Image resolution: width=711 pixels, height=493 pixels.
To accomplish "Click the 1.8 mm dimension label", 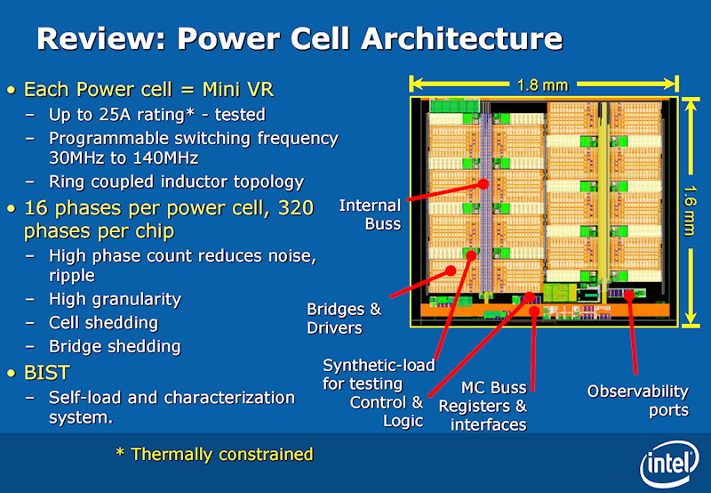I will (x=542, y=85).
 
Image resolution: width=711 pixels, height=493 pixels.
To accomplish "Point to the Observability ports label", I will (x=637, y=400).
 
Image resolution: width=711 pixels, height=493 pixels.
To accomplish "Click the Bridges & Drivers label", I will (x=343, y=319).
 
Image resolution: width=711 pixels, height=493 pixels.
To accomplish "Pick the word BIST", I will (x=46, y=371).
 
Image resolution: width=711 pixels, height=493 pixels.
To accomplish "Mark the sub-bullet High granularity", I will (x=115, y=299).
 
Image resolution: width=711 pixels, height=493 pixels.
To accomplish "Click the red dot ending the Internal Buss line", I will (x=483, y=184).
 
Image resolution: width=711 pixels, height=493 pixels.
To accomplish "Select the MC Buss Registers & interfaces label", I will (x=488, y=406).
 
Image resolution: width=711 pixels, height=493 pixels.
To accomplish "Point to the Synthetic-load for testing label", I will (x=378, y=374).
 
